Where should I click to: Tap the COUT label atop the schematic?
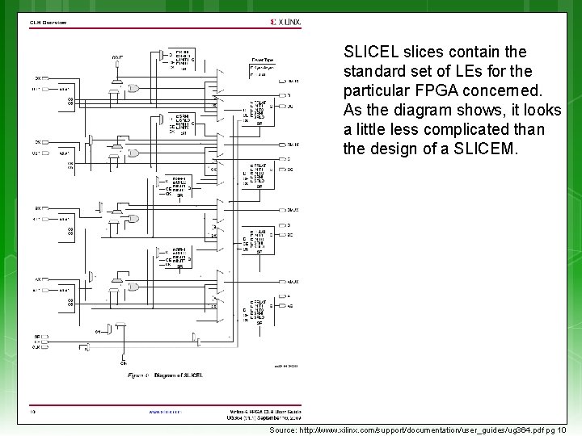click(117, 56)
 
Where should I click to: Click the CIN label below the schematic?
click(123, 363)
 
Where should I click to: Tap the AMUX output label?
click(293, 282)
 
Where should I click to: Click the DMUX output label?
click(293, 81)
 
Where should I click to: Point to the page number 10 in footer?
click(33, 411)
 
